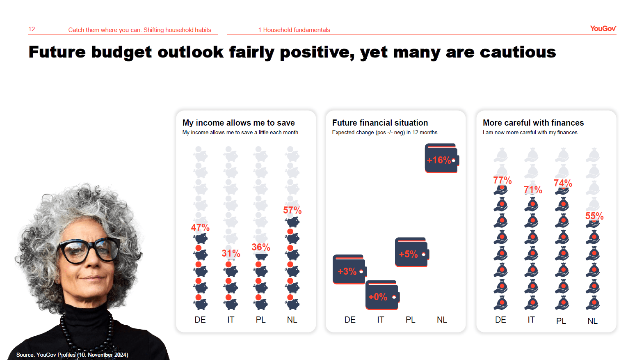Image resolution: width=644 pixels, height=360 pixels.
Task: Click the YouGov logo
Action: tap(603, 28)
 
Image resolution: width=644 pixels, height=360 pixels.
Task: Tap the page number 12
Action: tap(32, 29)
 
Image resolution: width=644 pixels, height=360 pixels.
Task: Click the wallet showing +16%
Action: tap(442, 158)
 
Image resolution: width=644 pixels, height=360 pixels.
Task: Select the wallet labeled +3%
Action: tap(349, 269)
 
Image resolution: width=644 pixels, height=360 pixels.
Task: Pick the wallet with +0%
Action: tap(382, 295)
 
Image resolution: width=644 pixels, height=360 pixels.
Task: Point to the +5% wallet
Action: tap(412, 252)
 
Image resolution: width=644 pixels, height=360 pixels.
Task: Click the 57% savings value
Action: tap(292, 210)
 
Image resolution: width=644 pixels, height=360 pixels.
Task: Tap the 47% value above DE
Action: tap(201, 228)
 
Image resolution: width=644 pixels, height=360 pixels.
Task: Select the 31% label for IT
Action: tap(231, 253)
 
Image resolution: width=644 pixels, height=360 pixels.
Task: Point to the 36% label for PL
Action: tap(261, 247)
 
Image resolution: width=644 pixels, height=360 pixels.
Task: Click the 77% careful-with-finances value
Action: tap(502, 180)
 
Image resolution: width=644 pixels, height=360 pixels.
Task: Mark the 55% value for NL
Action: tap(594, 216)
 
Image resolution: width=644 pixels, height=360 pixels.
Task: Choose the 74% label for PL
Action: tap(563, 183)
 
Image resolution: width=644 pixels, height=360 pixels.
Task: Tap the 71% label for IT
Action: tap(533, 190)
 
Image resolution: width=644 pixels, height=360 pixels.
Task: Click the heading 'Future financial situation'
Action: tap(380, 123)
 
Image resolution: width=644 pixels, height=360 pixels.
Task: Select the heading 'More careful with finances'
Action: tap(533, 123)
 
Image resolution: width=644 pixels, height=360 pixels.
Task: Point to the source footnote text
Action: tap(72, 355)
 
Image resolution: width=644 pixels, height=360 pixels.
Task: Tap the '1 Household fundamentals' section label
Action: tap(294, 30)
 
